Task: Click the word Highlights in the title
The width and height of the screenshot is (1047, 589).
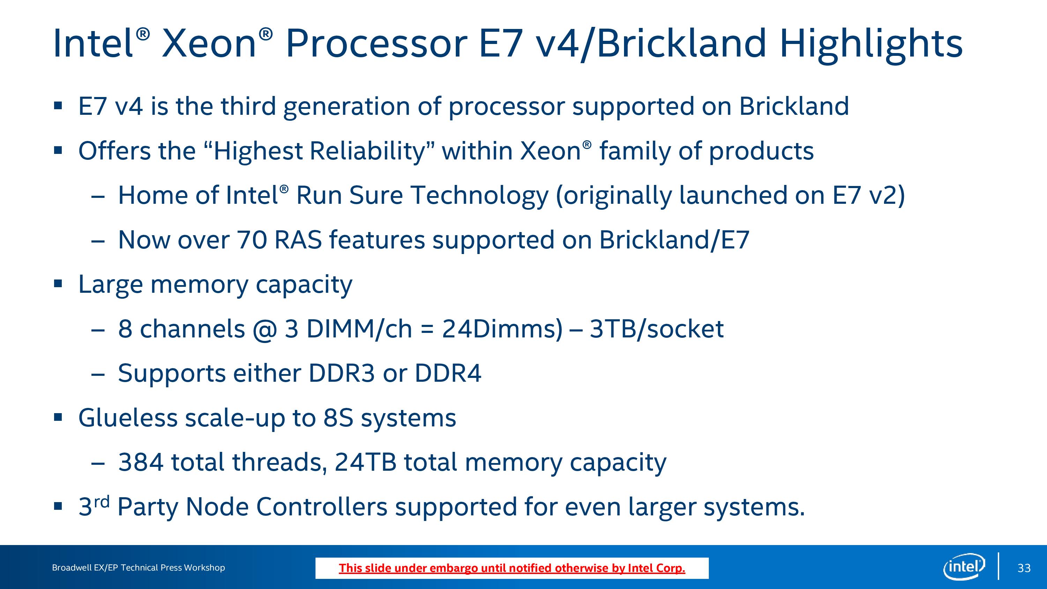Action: (x=871, y=44)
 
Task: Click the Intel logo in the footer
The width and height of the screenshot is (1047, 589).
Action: (x=964, y=567)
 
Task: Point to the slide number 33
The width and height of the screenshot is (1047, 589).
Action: (x=1024, y=568)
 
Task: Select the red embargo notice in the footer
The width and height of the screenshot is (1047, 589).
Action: (x=512, y=568)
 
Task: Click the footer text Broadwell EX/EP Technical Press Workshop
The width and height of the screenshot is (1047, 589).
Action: (x=138, y=567)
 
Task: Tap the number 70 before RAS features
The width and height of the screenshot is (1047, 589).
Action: (x=252, y=240)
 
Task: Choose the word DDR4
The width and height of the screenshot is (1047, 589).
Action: (x=448, y=373)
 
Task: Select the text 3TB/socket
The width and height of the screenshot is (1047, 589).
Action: (x=656, y=329)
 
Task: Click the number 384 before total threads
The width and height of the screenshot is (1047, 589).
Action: (x=141, y=462)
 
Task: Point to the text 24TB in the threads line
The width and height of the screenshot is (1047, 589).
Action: (x=365, y=462)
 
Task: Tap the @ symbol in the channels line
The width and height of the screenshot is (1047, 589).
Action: (x=265, y=330)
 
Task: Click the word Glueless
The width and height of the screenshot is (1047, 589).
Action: (x=128, y=417)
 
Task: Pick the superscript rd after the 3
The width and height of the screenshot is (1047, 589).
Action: (x=102, y=502)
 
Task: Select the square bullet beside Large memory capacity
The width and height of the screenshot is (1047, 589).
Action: (x=58, y=284)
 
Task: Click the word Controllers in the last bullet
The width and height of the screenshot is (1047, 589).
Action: (x=321, y=507)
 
